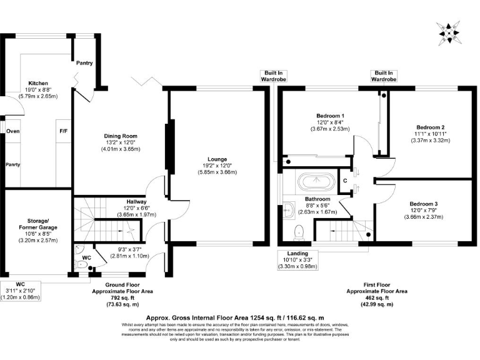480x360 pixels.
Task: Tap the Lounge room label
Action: click(x=217, y=159)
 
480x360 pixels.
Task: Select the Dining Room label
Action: click(x=121, y=136)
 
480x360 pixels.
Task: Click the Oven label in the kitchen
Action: click(x=12, y=131)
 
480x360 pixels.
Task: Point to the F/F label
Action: click(x=63, y=131)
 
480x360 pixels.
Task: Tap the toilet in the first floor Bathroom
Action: click(x=299, y=232)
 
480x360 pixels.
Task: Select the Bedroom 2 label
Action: click(x=429, y=127)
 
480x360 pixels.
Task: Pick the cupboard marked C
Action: click(x=345, y=181)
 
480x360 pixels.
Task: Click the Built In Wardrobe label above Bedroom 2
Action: click(x=383, y=76)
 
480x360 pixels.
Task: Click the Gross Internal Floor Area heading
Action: click(x=239, y=317)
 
